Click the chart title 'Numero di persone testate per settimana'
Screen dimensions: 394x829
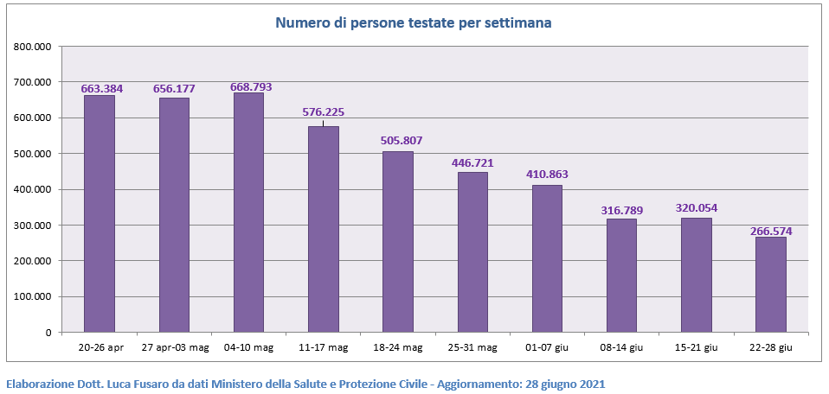coord(414,22)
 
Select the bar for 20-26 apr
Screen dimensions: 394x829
coord(100,213)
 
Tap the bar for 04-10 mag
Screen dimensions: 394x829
coord(248,212)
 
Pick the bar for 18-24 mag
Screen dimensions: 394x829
coord(398,241)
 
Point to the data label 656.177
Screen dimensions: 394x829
coord(174,89)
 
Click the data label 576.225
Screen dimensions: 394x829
coord(323,111)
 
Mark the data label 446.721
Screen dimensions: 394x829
coord(472,162)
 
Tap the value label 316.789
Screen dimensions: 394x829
coord(622,210)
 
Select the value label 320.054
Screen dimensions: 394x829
coord(697,207)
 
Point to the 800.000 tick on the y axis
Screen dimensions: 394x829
coord(33,47)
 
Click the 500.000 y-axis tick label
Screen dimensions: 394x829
coord(33,154)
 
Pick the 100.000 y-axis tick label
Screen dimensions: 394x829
coord(33,296)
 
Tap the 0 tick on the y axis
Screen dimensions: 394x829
coord(48,333)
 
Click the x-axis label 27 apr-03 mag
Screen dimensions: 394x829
coord(174,347)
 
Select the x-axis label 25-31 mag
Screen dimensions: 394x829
coord(472,347)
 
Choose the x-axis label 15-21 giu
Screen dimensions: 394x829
coord(697,347)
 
